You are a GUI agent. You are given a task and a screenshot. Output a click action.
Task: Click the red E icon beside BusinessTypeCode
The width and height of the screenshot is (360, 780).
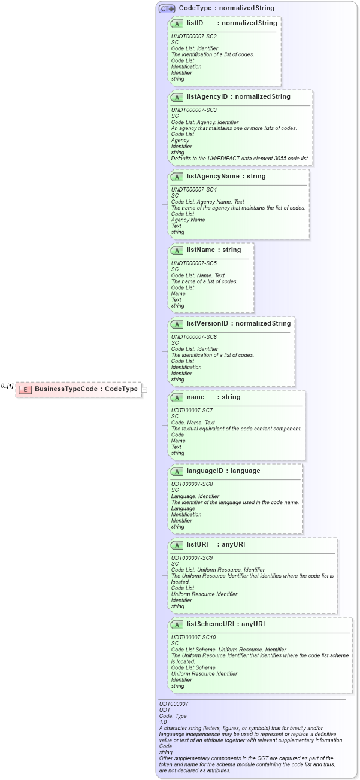[25, 389]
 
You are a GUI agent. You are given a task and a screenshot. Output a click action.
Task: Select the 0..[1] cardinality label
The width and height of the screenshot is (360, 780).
[7, 386]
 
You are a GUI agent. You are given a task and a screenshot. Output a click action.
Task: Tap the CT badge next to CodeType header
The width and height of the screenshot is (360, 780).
[167, 8]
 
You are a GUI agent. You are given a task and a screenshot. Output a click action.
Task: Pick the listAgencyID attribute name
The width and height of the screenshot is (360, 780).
[207, 96]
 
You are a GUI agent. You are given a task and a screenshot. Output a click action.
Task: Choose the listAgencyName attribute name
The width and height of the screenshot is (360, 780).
[213, 176]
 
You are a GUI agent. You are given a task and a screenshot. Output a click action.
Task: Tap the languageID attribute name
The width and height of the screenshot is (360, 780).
[206, 471]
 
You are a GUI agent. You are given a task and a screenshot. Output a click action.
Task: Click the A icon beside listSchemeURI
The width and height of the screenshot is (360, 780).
[177, 624]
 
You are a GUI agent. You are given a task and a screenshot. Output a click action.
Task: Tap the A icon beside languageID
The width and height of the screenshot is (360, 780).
[177, 471]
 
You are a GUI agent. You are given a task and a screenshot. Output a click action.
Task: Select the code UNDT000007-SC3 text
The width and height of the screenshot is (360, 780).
[193, 110]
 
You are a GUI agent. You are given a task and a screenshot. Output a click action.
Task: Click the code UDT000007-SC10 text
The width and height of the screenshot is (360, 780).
[193, 638]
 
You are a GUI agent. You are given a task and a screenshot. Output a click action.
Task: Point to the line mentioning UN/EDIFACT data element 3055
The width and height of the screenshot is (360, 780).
[240, 159]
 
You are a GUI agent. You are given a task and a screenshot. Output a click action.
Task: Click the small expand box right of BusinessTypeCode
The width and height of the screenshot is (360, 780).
[144, 390]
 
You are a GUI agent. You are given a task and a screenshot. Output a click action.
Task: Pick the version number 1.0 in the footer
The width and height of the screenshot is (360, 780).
[163, 722]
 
